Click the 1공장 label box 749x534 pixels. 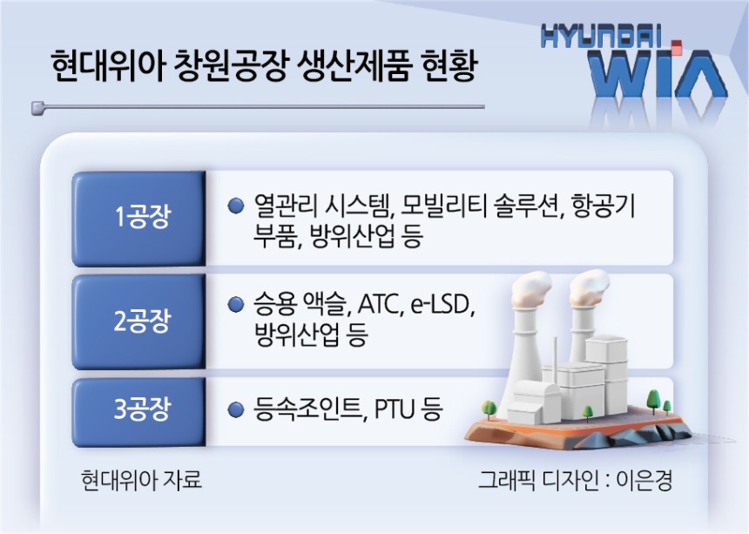pos(139,218)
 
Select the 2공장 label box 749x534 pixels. pos(139,321)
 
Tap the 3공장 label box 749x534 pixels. pos(139,411)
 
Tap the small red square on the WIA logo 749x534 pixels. pos(676,46)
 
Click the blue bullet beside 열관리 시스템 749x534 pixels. pos(235,206)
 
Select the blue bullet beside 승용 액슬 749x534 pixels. pos(235,304)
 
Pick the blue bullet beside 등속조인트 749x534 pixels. pos(235,409)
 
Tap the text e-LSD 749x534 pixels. pos(442,304)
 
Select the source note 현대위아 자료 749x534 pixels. pos(141,479)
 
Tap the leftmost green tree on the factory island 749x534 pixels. pos(489,409)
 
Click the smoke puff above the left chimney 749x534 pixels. pos(530,286)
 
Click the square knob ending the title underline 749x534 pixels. pos(37,108)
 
